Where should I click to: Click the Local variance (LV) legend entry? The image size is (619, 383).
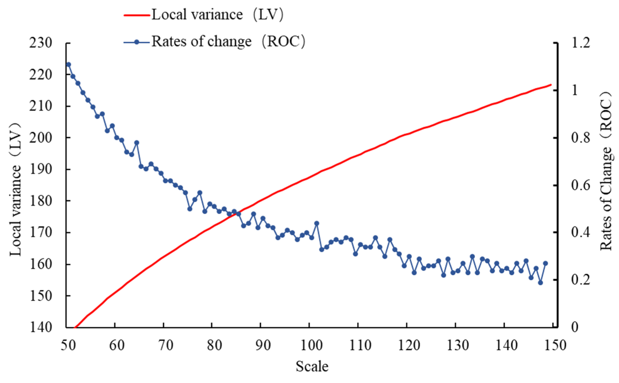click(x=204, y=15)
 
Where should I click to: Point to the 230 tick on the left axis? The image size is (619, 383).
click(x=40, y=43)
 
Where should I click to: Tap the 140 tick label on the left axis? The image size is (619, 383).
click(x=40, y=327)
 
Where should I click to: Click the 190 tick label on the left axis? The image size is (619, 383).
click(x=40, y=169)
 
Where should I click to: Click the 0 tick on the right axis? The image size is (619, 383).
click(x=575, y=327)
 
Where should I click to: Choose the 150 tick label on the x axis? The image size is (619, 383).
click(x=554, y=345)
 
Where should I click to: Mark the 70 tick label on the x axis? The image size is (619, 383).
click(x=166, y=345)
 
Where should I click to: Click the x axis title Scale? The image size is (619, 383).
click(x=312, y=367)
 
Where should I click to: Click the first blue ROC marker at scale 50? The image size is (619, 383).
click(x=68, y=65)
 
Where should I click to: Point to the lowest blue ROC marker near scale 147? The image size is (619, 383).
click(x=540, y=283)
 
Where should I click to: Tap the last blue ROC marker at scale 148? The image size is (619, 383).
click(x=545, y=264)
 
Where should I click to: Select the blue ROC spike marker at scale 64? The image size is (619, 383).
click(x=137, y=143)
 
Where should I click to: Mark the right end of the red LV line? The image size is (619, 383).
click(x=551, y=85)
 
